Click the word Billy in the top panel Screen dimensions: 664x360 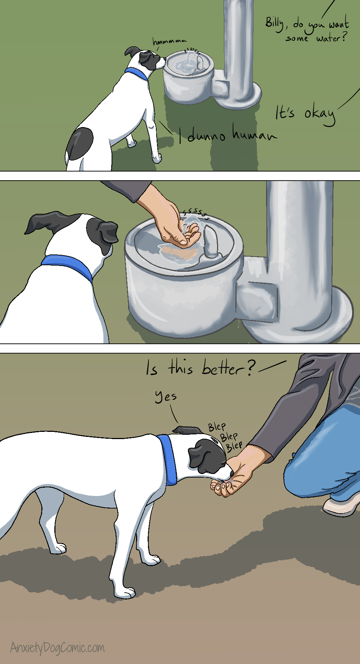[x=275, y=23]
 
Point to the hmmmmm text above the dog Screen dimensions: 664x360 [x=170, y=42]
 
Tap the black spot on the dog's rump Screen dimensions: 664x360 [x=80, y=144]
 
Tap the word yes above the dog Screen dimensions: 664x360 [x=166, y=397]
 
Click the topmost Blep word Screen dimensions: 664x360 [x=217, y=427]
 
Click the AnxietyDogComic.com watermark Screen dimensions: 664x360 [x=58, y=647]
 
